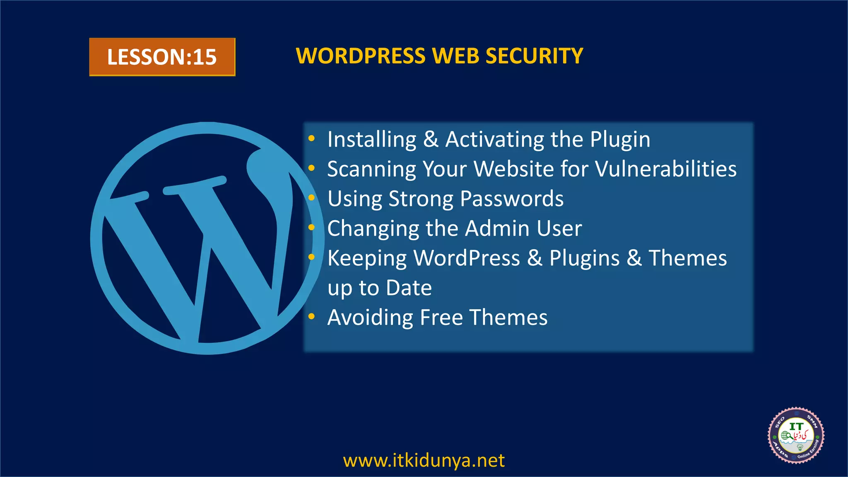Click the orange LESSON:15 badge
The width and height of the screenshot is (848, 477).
(162, 57)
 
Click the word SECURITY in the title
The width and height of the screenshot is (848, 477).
(534, 56)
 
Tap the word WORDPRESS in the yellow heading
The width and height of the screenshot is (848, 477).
(360, 56)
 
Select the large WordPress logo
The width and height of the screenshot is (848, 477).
(206, 238)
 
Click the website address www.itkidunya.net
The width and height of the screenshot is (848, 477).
(424, 460)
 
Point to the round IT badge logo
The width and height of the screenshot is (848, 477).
(796, 436)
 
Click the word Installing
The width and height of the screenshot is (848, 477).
(371, 140)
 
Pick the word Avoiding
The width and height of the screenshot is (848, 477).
(370, 318)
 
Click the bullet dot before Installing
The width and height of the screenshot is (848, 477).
(312, 139)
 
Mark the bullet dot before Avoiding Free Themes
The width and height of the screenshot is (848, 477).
(312, 317)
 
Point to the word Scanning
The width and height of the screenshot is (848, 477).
(371, 169)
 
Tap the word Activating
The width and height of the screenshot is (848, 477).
(494, 140)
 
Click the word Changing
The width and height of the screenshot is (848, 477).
(373, 229)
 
